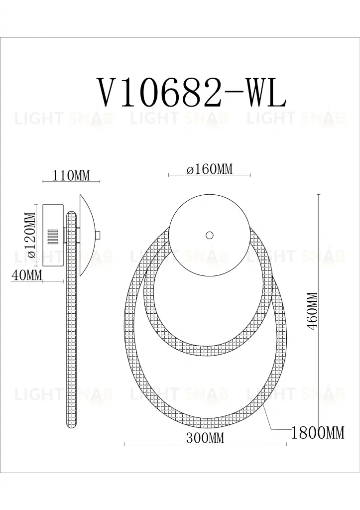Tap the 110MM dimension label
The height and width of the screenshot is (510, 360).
coord(71,175)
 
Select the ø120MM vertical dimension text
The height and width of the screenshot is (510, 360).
coord(31,235)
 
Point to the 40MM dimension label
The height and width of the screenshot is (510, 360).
coord(27,275)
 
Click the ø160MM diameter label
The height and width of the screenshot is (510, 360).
coord(210,169)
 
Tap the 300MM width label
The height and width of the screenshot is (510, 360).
coord(205,438)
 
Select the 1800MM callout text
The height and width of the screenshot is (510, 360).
coord(317,433)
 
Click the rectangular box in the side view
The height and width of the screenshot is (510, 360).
coord(53,235)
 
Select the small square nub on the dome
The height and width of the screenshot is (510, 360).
coord(98,235)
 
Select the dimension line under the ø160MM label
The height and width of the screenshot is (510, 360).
coord(210,176)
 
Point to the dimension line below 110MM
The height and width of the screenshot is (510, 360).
coord(71,182)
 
